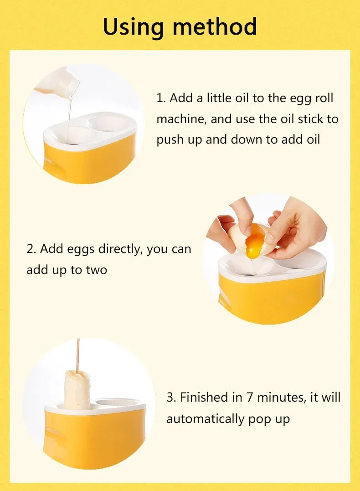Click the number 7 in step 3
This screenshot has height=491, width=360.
249,397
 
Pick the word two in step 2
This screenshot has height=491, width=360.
97,270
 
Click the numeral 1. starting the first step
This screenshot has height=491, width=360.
161,98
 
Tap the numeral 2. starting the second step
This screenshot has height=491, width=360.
31,249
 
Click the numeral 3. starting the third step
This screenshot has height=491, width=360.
171,397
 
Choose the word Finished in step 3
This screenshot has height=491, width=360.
205,397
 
